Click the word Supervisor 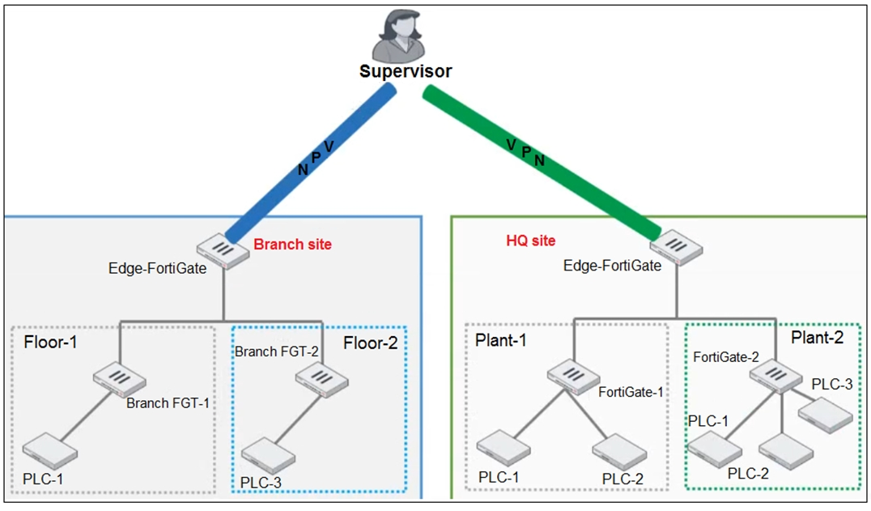pos(406,71)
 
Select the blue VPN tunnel pos(311,163)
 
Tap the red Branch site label pos(293,245)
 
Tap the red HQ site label pos(530,241)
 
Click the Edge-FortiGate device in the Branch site pos(223,251)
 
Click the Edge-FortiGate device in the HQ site pos(676,248)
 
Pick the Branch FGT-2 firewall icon pos(321,379)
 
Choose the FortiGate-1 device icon pos(572,377)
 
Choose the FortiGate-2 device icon pos(776,376)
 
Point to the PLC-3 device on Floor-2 pos(268,455)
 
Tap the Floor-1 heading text pos(50,342)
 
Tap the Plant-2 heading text pos(817,337)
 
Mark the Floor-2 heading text pos(371,343)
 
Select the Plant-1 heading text pos(500,340)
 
